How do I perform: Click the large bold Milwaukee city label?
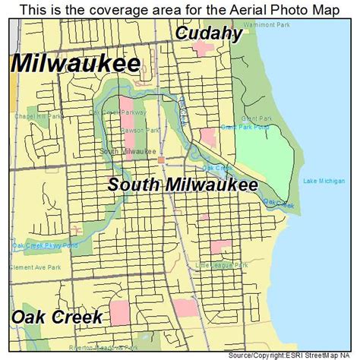(74, 63)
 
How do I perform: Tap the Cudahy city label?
(210, 33)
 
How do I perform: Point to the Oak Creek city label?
(56, 316)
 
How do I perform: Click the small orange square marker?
(160, 159)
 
